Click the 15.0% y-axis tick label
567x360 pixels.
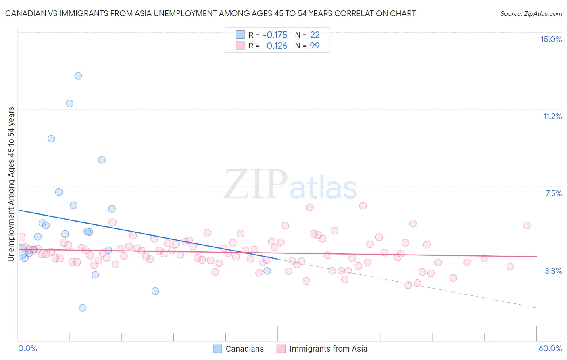tap(551, 39)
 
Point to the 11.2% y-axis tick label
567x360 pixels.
tap(552, 116)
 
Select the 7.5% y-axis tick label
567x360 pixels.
tap(553, 193)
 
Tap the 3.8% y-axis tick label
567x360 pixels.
tap(553, 271)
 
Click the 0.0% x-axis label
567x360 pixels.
tap(27, 348)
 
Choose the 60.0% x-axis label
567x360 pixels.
tap(550, 348)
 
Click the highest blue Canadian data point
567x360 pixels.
tap(78, 75)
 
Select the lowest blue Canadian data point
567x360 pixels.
tap(83, 308)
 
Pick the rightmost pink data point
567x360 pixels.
tap(527, 226)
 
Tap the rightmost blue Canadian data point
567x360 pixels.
tap(267, 271)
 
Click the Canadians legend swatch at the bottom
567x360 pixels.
tap(217, 349)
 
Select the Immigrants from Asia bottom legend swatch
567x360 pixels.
tap(281, 349)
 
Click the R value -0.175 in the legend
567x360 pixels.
tap(275, 35)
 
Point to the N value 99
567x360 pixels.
tap(315, 46)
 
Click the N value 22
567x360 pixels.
tap(315, 35)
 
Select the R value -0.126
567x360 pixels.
tap(275, 46)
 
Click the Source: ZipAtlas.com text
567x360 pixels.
tap(531, 14)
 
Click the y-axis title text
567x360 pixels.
tap(11, 184)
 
